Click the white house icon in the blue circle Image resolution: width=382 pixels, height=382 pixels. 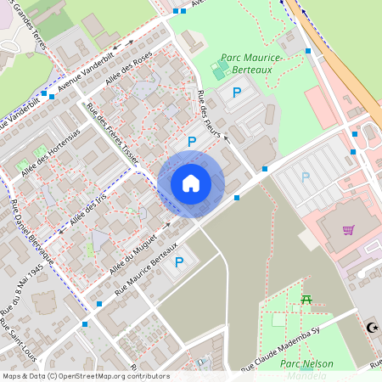pyautogui.click(x=191, y=183)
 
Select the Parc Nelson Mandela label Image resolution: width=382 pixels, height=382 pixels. pyautogui.click(x=306, y=368)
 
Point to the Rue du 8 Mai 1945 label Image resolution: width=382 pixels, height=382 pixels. pyautogui.click(x=23, y=298)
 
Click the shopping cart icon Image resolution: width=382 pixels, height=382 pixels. pyautogui.click(x=348, y=229)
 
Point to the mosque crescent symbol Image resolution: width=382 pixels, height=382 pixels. pyautogui.click(x=370, y=327)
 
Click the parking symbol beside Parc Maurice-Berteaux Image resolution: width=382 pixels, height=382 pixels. pyautogui.click(x=237, y=92)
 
